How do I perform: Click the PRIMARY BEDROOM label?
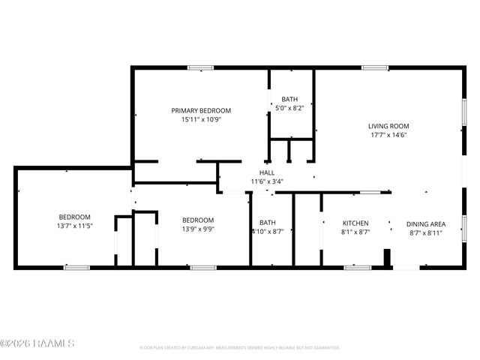point(200,110)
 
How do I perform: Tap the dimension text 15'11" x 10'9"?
point(200,119)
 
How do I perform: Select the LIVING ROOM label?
point(388,126)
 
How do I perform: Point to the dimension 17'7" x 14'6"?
point(388,135)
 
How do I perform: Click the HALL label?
point(267,172)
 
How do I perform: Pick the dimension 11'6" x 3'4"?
point(267,181)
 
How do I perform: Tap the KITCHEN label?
point(355,223)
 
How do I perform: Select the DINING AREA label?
point(426,223)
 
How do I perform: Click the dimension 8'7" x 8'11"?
point(426,232)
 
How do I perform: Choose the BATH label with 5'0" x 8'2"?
point(289,99)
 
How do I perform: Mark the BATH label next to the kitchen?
point(268,223)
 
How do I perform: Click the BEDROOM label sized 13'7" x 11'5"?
point(74,217)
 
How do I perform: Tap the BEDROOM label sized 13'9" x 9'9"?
point(198,220)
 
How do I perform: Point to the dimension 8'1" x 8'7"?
point(355,232)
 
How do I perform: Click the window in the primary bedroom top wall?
point(200,68)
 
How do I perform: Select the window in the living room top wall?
point(374,68)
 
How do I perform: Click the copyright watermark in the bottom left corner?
point(37,344)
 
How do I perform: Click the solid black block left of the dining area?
point(387,258)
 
